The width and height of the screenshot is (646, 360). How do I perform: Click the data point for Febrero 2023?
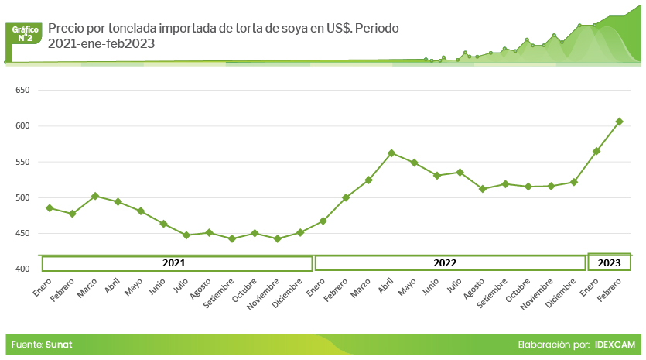pos(619,122)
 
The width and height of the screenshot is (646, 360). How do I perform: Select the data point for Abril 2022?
pos(391,153)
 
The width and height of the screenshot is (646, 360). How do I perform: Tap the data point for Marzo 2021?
pos(95,196)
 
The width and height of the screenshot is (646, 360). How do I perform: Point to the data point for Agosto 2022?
pos(483,189)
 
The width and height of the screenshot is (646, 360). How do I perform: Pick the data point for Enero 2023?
pos(596,151)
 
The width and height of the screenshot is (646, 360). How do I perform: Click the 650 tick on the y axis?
pos(22,91)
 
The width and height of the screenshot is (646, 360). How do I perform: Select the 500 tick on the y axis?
pos(22,197)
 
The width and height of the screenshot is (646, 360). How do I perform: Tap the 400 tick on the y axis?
pos(22,269)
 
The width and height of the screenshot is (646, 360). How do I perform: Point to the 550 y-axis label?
pos(22,162)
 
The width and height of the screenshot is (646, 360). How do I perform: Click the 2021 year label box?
pos(177,263)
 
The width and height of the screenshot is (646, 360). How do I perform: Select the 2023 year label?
pos(610,263)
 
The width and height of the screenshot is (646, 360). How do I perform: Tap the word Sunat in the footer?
pos(59,344)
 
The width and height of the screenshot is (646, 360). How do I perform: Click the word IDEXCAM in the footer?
pos(616,344)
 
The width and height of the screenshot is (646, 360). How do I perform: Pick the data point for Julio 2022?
pos(460,172)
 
